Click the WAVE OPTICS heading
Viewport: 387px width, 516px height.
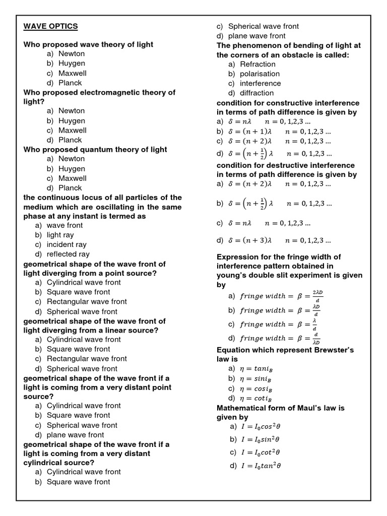[x=50, y=26]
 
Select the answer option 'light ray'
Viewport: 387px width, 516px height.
[x=60, y=235]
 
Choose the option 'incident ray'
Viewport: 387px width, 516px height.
[x=67, y=244]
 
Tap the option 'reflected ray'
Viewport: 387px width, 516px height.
[x=68, y=254]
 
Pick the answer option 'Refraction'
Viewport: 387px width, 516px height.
[x=257, y=64]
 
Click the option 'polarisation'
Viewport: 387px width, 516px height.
[x=260, y=74]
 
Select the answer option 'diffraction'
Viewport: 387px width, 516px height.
[x=257, y=93]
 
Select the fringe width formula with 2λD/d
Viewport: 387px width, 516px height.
[x=280, y=296]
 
